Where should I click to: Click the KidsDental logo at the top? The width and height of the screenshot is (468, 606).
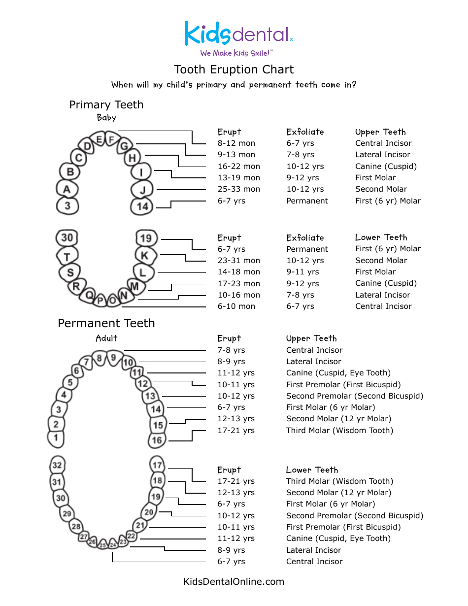pyautogui.click(x=238, y=34)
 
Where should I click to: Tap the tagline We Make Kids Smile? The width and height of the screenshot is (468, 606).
pyautogui.click(x=236, y=53)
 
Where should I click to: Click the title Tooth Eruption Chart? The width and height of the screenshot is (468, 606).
pyautogui.click(x=234, y=69)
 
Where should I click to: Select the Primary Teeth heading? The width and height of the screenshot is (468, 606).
pyautogui.click(x=106, y=104)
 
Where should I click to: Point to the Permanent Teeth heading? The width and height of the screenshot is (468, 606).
pyautogui.click(x=106, y=323)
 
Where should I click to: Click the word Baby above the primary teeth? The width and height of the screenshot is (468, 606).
pyautogui.click(x=106, y=118)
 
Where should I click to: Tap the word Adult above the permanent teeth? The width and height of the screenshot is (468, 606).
pyautogui.click(x=106, y=338)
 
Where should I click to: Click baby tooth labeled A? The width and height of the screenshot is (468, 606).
pyautogui.click(x=67, y=189)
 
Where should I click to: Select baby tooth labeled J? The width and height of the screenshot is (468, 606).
pyautogui.click(x=142, y=190)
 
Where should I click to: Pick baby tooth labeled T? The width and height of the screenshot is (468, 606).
pyautogui.click(x=67, y=256)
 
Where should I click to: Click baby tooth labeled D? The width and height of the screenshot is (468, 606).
pyautogui.click(x=87, y=146)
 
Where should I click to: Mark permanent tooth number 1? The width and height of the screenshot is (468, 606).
pyautogui.click(x=56, y=438)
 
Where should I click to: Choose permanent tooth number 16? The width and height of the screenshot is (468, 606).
pyautogui.click(x=157, y=440)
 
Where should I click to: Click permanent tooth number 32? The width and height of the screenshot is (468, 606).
pyautogui.click(x=57, y=465)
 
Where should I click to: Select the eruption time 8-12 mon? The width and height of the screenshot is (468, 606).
pyautogui.click(x=236, y=143)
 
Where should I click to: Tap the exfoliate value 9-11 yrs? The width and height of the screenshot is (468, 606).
pyautogui.click(x=303, y=272)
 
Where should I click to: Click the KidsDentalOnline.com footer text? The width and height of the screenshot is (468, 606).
pyautogui.click(x=234, y=581)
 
